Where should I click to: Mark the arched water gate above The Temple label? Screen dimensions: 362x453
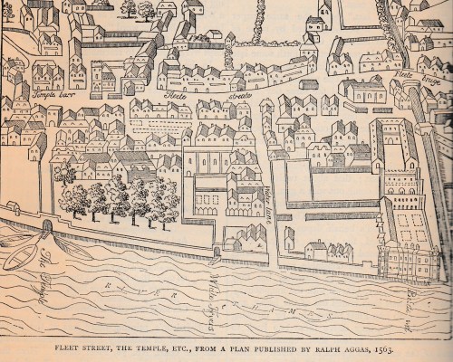click(x=47, y=224)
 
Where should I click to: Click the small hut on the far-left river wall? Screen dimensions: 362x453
click(x=14, y=210)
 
